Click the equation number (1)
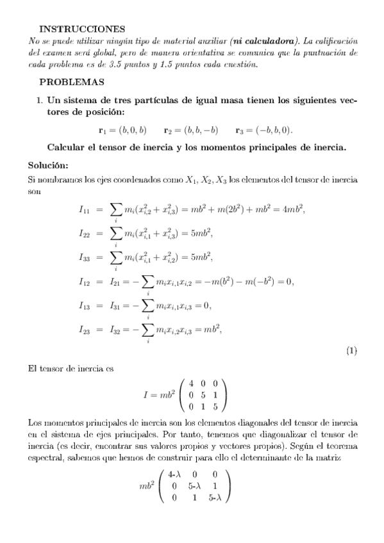click(x=351, y=350)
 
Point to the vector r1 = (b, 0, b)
click(x=122, y=129)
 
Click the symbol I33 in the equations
click(x=85, y=257)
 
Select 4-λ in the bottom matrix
click(x=175, y=475)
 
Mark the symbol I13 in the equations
click(x=85, y=305)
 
